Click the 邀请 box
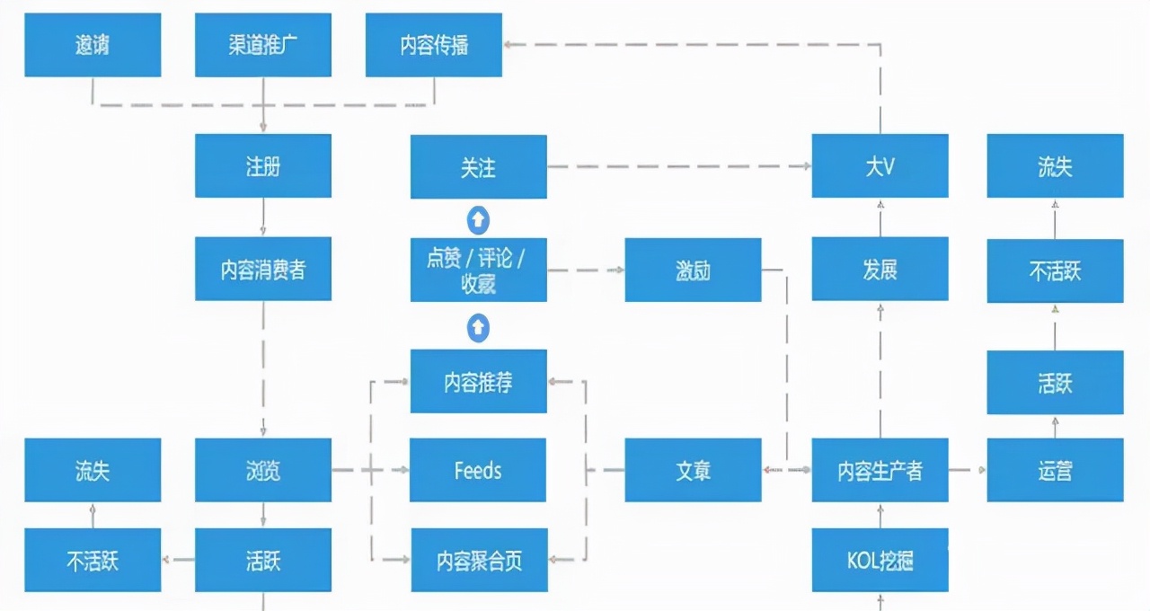[x=93, y=45]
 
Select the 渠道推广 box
[x=263, y=45]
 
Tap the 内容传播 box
[x=434, y=45]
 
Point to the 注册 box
[x=263, y=166]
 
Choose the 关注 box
[x=479, y=167]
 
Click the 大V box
[x=880, y=166]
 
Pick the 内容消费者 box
[x=263, y=269]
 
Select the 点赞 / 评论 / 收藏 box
[x=479, y=270]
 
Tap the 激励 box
[x=693, y=270]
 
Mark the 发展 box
[x=880, y=269]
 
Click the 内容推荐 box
[x=479, y=381]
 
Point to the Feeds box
[x=478, y=470]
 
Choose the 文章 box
[x=693, y=470]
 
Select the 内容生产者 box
[x=880, y=470]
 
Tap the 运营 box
[x=1055, y=470]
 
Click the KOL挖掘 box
[x=880, y=560]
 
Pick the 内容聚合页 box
[x=479, y=560]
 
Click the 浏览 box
[x=263, y=470]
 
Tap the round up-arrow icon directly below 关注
[x=479, y=218]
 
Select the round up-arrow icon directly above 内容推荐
[x=479, y=328]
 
